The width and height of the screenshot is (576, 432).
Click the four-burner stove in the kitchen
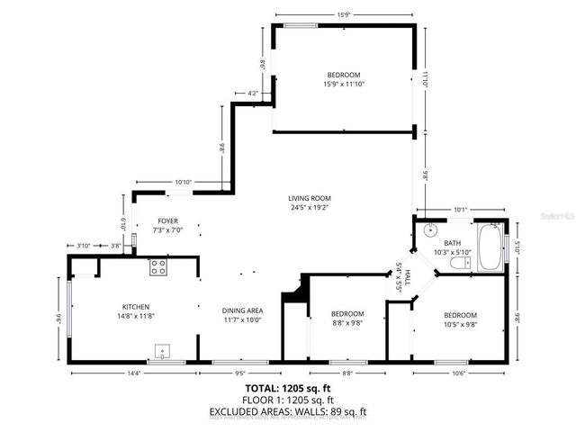[158, 266]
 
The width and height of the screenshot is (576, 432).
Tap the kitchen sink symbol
[163, 350]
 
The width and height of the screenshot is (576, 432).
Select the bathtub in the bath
[490, 248]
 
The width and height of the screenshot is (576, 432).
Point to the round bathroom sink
[428, 229]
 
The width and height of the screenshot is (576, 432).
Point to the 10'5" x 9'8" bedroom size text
[459, 325]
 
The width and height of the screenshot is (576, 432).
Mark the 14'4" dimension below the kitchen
[134, 373]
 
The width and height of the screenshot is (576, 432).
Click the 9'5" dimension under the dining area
[240, 373]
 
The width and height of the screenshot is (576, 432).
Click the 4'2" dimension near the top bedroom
[253, 93]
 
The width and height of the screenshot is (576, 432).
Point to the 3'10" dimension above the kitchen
[83, 246]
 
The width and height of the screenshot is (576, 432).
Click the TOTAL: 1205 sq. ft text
[287, 387]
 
